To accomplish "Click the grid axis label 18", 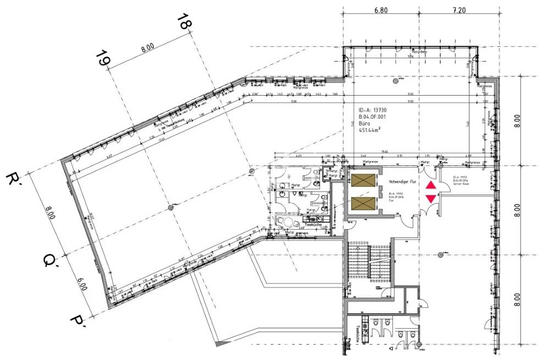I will pyautogui.click(x=185, y=22).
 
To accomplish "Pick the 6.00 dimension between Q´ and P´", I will pyautogui.click(x=82, y=285).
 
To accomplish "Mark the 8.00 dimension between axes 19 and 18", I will pyautogui.click(x=147, y=48).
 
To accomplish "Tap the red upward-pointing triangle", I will pyautogui.click(x=430, y=186).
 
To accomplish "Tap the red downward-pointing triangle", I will pyautogui.click(x=430, y=198).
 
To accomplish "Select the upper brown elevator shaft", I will pyautogui.click(x=363, y=181).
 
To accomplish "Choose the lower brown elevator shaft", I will pyautogui.click(x=363, y=204).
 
